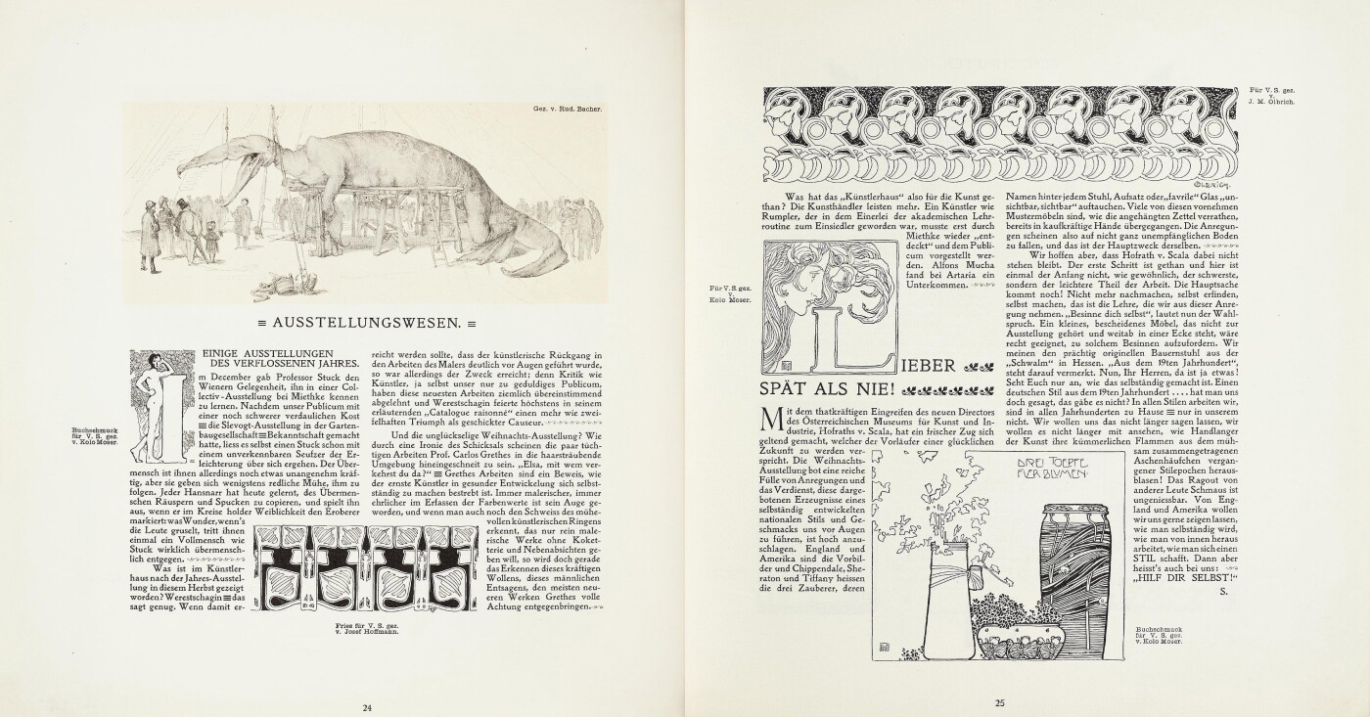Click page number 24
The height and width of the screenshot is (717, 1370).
367,707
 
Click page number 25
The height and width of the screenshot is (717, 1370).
1000,701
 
